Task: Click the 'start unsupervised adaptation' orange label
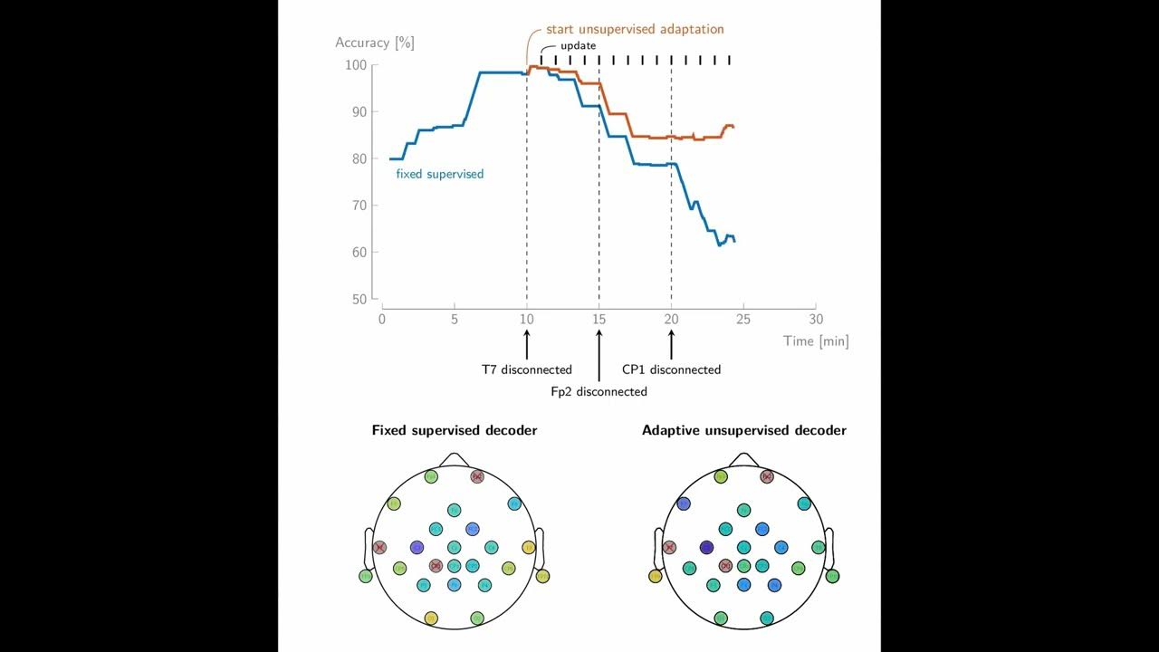coord(635,29)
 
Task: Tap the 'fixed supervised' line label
coord(439,174)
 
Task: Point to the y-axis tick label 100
coord(355,65)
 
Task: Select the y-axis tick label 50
coord(358,299)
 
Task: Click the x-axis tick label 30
coord(816,320)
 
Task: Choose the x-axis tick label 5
coord(454,320)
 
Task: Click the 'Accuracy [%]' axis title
coord(375,43)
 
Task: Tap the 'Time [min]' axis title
coord(816,341)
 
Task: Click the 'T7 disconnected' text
coord(526,369)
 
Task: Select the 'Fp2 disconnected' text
coord(599,392)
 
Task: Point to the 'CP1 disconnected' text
coord(671,369)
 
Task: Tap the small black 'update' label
coord(578,45)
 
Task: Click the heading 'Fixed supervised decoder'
coord(454,430)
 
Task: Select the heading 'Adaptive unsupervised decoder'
coord(743,430)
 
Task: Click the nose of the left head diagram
coord(454,459)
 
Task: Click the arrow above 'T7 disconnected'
coord(526,344)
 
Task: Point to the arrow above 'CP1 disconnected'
coord(671,344)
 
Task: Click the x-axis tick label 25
coord(743,320)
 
